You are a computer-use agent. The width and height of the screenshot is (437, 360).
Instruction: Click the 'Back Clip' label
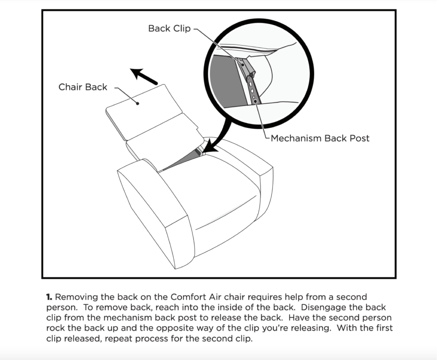[169, 29]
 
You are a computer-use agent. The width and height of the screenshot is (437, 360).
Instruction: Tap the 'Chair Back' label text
[83, 87]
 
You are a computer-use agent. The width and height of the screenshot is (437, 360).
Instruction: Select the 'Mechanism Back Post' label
[320, 138]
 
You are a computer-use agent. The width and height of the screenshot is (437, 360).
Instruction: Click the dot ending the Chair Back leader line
[137, 104]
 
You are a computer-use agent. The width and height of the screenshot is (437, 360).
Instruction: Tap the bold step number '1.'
[50, 297]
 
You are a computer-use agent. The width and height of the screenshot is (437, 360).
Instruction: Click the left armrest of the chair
[156, 212]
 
